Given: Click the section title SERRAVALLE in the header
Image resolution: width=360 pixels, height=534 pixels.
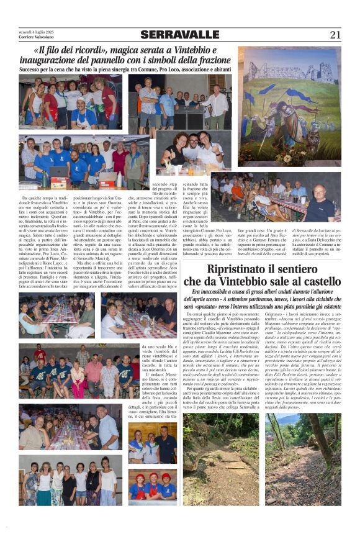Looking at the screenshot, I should click(179, 35).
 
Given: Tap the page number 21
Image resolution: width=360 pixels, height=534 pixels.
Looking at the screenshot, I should click(335, 35).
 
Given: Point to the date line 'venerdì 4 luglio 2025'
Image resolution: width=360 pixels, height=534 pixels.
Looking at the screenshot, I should click(37, 31).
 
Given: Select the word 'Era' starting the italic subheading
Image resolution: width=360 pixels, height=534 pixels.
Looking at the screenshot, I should click(198, 291).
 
